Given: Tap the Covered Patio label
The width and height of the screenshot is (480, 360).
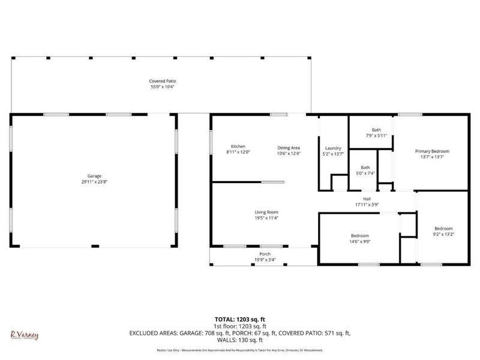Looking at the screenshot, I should (x=163, y=81).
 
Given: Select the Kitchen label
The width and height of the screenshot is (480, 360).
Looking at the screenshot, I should (x=238, y=147).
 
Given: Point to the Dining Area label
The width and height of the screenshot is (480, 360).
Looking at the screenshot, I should (x=289, y=148).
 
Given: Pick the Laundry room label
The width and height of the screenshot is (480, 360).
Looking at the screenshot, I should (x=333, y=148).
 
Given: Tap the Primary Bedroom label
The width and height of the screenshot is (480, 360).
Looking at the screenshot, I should (x=432, y=151).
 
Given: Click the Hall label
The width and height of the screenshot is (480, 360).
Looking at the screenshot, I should (x=367, y=199).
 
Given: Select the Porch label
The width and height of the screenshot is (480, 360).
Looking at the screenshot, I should (x=265, y=254).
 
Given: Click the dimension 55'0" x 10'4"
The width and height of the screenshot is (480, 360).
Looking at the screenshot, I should (x=163, y=87).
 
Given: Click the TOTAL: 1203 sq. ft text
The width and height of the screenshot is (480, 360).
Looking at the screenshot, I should (x=240, y=320).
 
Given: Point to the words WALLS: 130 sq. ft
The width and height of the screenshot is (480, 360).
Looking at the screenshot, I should (x=240, y=340).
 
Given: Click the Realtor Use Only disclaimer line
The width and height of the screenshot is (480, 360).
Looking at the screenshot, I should (x=240, y=350).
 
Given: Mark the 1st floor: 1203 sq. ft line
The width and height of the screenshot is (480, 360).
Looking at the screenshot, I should (x=240, y=326).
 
